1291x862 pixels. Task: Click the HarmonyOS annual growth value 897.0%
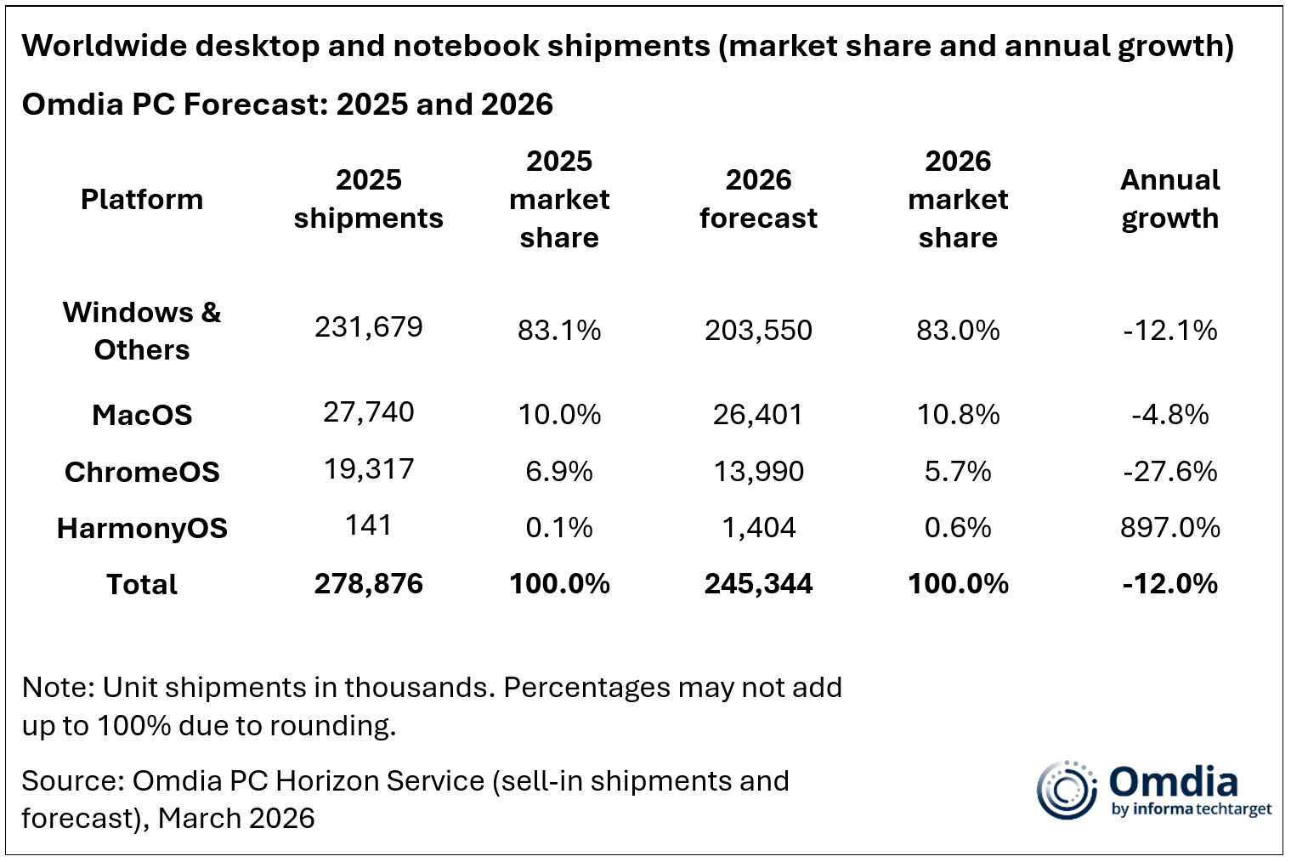pos(1169,528)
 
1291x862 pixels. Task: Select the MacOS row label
pos(142,415)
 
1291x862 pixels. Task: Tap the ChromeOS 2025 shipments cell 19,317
pos(368,468)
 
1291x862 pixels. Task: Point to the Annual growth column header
pos(1169,199)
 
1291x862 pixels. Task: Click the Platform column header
pos(142,200)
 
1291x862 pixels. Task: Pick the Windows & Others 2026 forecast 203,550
pos(758,330)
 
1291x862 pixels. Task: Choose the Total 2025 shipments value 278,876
pos(368,584)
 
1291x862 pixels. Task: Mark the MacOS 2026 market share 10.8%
pos(958,415)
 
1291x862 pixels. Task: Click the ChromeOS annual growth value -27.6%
pos(1169,471)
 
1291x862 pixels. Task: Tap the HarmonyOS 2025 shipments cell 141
pos(368,525)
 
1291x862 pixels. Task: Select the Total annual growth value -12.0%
pos(1169,584)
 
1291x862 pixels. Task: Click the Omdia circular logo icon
pos(1066,790)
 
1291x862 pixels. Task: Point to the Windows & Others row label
pos(142,331)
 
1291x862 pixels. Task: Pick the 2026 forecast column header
pos(758,199)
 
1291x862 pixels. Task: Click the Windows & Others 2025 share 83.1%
pos(559,330)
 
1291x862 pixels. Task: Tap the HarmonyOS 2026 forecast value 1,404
pos(758,528)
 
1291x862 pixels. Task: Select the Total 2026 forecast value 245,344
pos(758,584)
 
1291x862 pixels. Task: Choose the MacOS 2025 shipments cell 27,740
pos(368,412)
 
